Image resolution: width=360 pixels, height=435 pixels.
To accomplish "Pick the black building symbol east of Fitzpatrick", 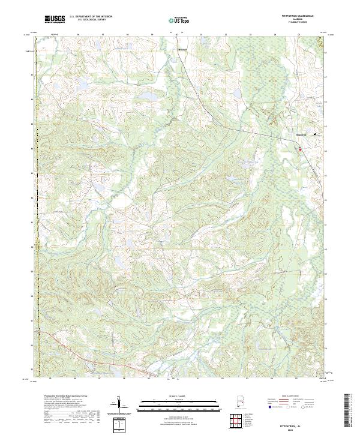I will click(x=317, y=134).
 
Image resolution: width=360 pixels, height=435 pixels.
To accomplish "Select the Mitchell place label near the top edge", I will click(x=183, y=49).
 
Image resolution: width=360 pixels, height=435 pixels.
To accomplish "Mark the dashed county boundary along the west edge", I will click(x=37, y=240).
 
